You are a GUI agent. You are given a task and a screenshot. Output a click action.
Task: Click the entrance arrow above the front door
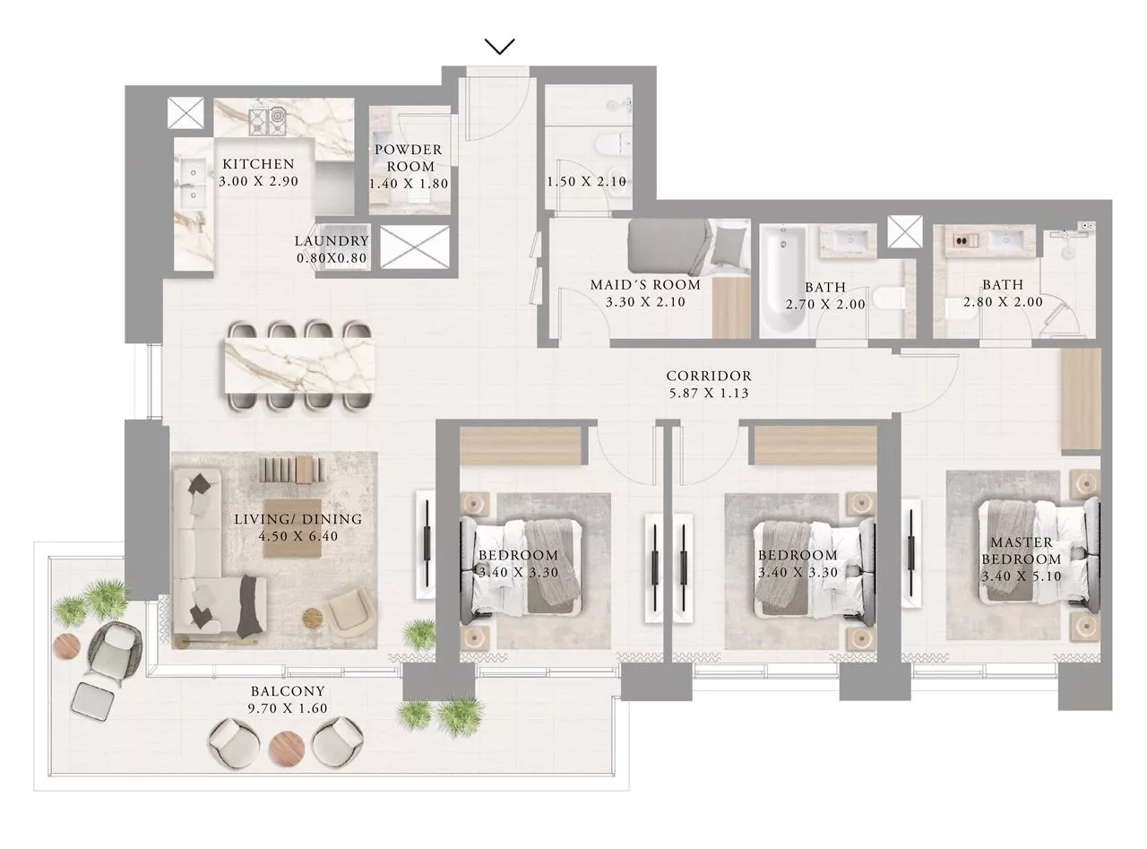[x=499, y=46]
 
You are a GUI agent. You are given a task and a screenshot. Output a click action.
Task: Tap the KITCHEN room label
[x=258, y=164]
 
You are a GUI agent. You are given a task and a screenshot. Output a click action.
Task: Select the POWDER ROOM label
[x=409, y=158]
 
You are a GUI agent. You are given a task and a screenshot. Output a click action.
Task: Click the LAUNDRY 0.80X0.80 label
[x=332, y=249]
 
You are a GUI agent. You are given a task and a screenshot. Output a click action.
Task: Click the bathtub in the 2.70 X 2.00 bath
[x=783, y=280]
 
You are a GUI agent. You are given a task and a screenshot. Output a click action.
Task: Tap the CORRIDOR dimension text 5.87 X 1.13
[x=709, y=394]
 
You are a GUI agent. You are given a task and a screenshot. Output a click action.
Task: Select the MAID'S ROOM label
[x=645, y=284]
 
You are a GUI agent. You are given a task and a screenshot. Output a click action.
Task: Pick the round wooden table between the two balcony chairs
[x=287, y=747]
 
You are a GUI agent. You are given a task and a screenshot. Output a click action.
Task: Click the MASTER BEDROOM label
[x=1022, y=550]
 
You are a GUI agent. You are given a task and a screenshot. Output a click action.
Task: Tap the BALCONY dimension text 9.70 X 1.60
[x=288, y=708]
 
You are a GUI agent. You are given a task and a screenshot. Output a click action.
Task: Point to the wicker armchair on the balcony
[x=113, y=654]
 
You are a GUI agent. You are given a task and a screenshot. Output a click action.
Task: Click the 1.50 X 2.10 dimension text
[x=586, y=182]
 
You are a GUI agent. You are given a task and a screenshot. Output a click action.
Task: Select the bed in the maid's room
[x=689, y=247]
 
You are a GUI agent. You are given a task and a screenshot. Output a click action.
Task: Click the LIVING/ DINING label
[x=298, y=519]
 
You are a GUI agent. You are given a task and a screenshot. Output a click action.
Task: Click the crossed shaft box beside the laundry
[x=415, y=247]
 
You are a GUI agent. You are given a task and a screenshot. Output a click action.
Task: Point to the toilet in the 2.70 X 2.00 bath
[x=888, y=300]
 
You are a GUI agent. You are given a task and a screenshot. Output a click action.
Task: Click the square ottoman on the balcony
[x=92, y=700]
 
